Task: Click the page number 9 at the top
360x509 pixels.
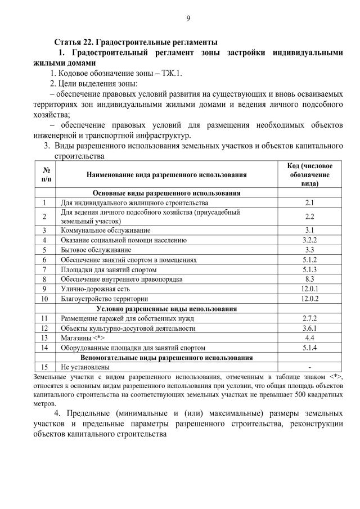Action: coord(188,19)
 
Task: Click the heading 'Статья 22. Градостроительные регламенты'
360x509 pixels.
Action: coord(136,43)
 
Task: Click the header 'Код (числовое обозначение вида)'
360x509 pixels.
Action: coord(309,174)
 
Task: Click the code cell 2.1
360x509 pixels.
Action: coord(309,202)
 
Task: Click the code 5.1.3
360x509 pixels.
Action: coord(309,269)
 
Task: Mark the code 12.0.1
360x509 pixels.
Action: coord(309,289)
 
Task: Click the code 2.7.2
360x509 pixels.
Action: coord(309,318)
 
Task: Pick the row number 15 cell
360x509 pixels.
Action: coord(44,367)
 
